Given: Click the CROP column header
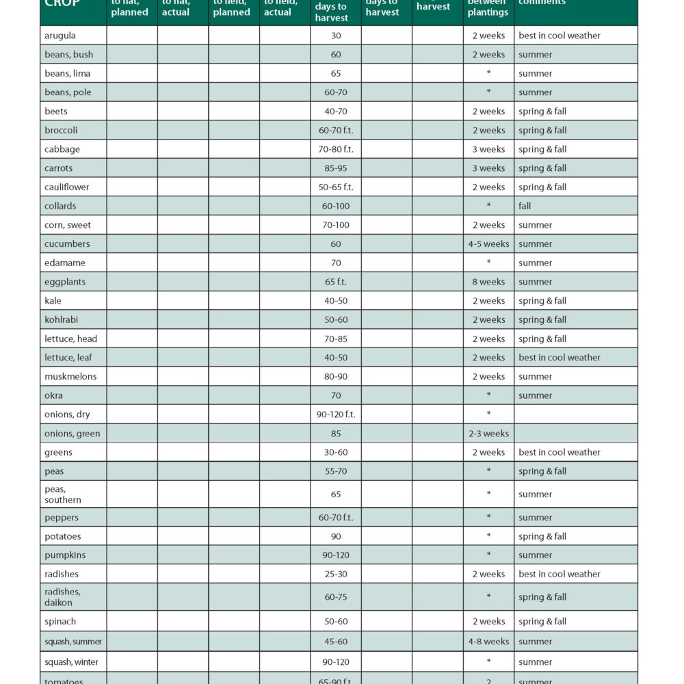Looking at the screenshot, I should click(x=63, y=3).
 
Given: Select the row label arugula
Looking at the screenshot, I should click(x=60, y=36).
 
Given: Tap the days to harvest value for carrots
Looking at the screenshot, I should click(x=336, y=168).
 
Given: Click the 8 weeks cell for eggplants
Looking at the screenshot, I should click(x=488, y=282).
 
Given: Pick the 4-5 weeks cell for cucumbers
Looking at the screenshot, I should click(x=488, y=244).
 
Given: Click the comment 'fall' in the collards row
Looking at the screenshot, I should click(x=525, y=206).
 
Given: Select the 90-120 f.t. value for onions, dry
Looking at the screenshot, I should click(x=336, y=415).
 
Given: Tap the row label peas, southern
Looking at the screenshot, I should click(x=63, y=495).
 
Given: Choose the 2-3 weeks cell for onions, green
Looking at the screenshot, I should click(x=488, y=434).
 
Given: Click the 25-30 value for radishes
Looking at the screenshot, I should click(x=336, y=575).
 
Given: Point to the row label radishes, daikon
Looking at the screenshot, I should click(x=63, y=597).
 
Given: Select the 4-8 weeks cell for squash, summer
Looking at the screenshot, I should click(x=488, y=642).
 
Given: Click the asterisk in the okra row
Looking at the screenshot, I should click(x=488, y=395).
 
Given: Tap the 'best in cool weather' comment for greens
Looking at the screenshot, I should click(x=560, y=452).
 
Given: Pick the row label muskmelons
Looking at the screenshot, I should click(x=70, y=377).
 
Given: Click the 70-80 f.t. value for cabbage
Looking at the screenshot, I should click(x=336, y=149).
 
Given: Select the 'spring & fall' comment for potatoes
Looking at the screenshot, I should click(x=542, y=536).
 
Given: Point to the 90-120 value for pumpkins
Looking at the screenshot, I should click(x=336, y=555).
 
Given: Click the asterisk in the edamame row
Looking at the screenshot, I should click(x=488, y=263).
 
